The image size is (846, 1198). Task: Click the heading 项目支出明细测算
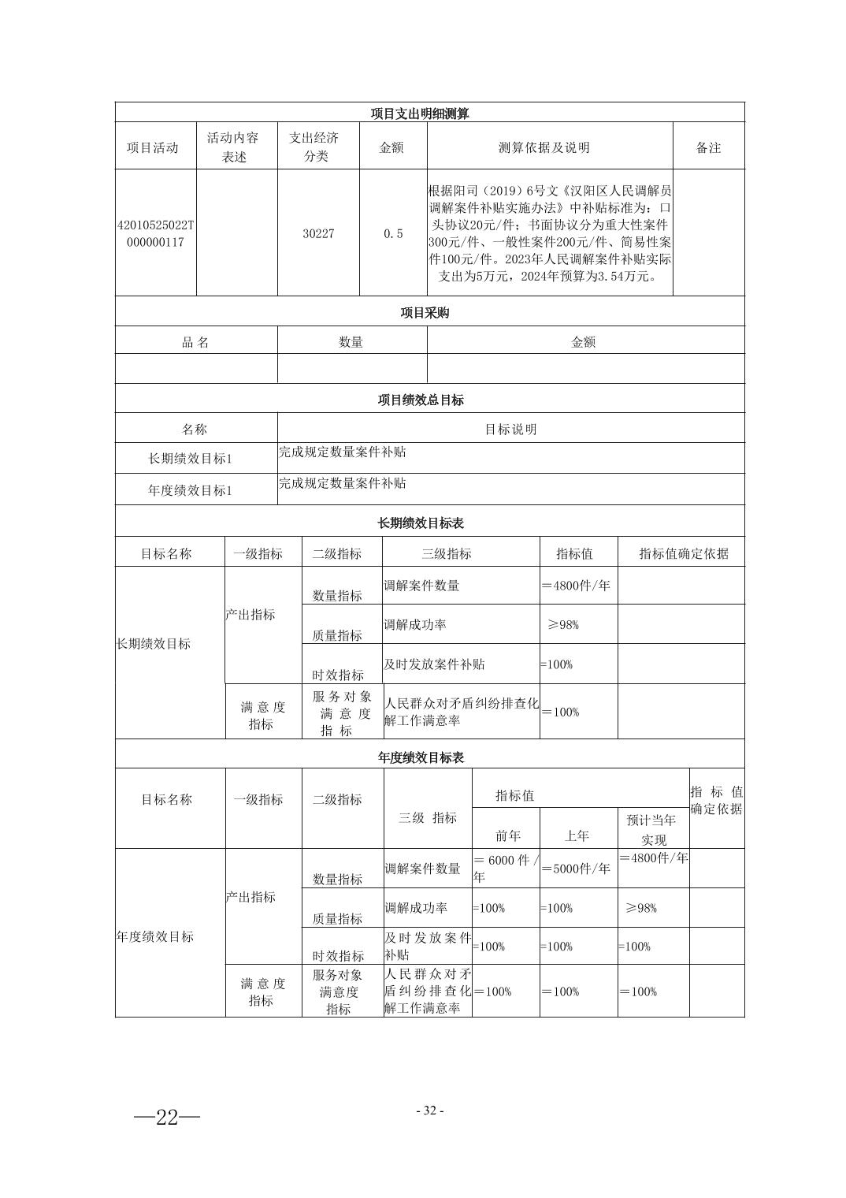pos(420,113)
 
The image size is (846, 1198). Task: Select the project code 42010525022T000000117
pos(155,234)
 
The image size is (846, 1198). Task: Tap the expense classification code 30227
pos(318,234)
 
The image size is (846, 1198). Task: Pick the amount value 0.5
pos(392,234)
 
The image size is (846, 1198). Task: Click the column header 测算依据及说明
pos(544,147)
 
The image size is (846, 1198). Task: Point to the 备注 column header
pos(708,147)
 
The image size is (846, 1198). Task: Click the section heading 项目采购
pos(425,313)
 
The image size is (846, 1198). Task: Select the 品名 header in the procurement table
pos(195,342)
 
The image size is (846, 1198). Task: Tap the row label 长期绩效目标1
pos(191,459)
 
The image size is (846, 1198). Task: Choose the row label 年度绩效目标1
pos(191,490)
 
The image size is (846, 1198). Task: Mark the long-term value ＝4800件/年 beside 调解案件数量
pos(576,586)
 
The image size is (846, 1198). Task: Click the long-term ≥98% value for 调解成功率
pos(563,625)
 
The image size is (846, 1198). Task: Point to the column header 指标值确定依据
pos(684,553)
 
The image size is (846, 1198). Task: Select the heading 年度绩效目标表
pos(421,757)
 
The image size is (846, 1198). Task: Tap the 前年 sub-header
pos(507,835)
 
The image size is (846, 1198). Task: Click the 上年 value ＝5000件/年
pos(576,869)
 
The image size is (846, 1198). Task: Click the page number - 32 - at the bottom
pos(430,1111)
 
